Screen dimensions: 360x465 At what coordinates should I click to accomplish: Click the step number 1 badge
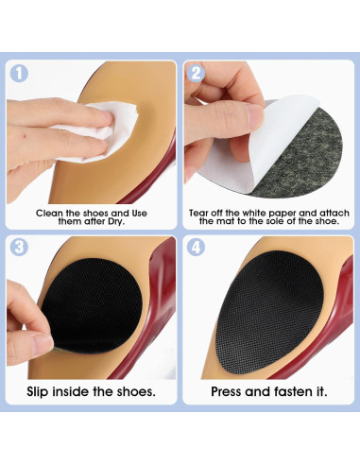tap(19, 73)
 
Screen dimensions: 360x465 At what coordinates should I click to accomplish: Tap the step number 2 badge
tap(196, 73)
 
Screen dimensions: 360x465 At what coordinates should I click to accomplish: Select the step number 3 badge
tap(19, 247)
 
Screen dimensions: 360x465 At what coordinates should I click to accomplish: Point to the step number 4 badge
tap(196, 247)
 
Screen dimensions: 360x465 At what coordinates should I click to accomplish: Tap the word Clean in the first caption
tap(49, 214)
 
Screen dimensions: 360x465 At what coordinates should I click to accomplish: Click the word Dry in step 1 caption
tap(116, 221)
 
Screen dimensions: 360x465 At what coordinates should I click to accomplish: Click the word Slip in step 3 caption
tap(38, 391)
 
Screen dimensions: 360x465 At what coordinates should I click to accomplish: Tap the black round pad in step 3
tap(93, 305)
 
